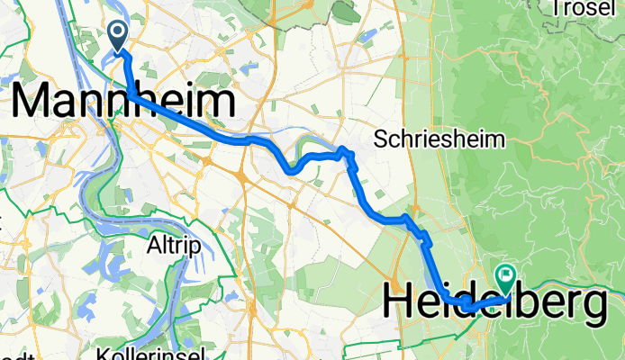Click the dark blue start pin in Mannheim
pos(119,37)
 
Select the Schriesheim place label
pos(440,139)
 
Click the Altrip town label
pos(175,244)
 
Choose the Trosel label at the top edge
pos(586,9)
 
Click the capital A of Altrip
pos(154,244)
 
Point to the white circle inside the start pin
pos(119,33)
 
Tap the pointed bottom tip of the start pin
pos(119,51)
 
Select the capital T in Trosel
pos(558,9)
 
